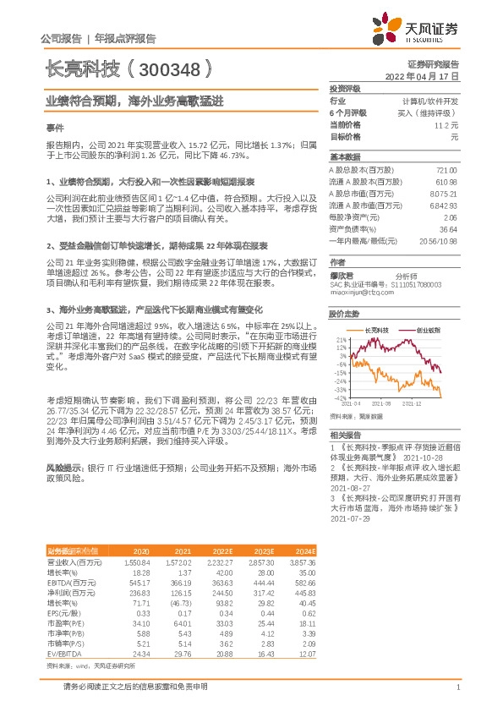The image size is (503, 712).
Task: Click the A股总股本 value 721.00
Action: [x=446, y=170]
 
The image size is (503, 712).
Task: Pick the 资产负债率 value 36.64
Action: [x=448, y=229]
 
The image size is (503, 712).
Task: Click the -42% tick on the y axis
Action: [x=339, y=397]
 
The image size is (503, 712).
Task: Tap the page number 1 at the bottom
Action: [x=457, y=687]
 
